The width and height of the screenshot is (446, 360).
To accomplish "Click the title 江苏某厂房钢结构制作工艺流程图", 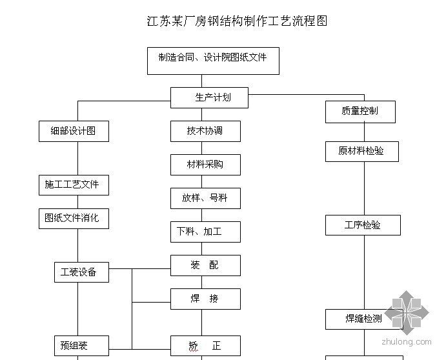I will tap(237, 21).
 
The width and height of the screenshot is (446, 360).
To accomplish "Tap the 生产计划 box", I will tap(209, 98).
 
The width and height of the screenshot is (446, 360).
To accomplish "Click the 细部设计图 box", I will tap(73, 131).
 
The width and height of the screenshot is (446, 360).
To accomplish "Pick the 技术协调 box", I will tap(205, 131).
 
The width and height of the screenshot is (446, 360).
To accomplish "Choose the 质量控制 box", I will tap(360, 112).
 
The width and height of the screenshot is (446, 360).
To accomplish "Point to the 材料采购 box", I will tap(205, 165).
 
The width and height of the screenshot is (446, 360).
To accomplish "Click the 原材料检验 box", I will tap(361, 151).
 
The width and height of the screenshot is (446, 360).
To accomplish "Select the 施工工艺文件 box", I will tap(72, 185).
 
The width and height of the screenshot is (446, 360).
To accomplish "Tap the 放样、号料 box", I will tap(205, 198).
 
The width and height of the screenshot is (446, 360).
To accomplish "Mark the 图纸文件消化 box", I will tap(72, 218).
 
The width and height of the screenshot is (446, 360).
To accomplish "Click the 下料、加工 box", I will tap(205, 232).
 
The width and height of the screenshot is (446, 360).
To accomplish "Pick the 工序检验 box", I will tap(363, 225).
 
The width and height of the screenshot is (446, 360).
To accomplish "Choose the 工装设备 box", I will tap(81, 272).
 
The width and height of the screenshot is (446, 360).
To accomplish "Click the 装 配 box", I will tap(205, 265).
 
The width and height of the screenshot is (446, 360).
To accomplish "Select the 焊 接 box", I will tap(205, 299).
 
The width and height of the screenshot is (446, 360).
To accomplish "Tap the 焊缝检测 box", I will tap(363, 319).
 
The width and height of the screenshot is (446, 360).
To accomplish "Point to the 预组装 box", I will tap(81, 345).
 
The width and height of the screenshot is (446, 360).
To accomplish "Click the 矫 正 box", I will tap(205, 346).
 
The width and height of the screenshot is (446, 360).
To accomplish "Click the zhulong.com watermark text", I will tap(407, 341).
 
